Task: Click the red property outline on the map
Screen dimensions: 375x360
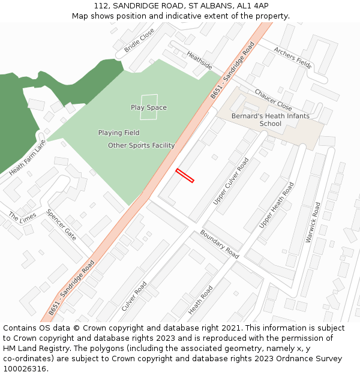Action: click(185, 175)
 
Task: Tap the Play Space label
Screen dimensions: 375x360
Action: click(149, 108)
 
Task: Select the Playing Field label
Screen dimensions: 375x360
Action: click(119, 133)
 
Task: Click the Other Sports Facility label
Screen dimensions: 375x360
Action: click(142, 145)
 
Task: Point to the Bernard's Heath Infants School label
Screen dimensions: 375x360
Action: click(271, 120)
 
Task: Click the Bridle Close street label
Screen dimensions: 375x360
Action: click(139, 40)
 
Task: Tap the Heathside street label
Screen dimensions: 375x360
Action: click(199, 60)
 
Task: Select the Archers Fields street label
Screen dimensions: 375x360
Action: click(293, 58)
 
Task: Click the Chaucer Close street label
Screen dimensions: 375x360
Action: click(273, 100)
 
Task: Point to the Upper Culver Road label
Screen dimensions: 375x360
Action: click(231, 181)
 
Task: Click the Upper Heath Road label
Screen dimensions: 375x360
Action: click(277, 205)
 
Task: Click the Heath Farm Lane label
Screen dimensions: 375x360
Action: click(28, 157)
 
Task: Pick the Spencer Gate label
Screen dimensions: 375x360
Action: click(61, 224)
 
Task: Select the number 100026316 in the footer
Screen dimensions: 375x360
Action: click(25, 368)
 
